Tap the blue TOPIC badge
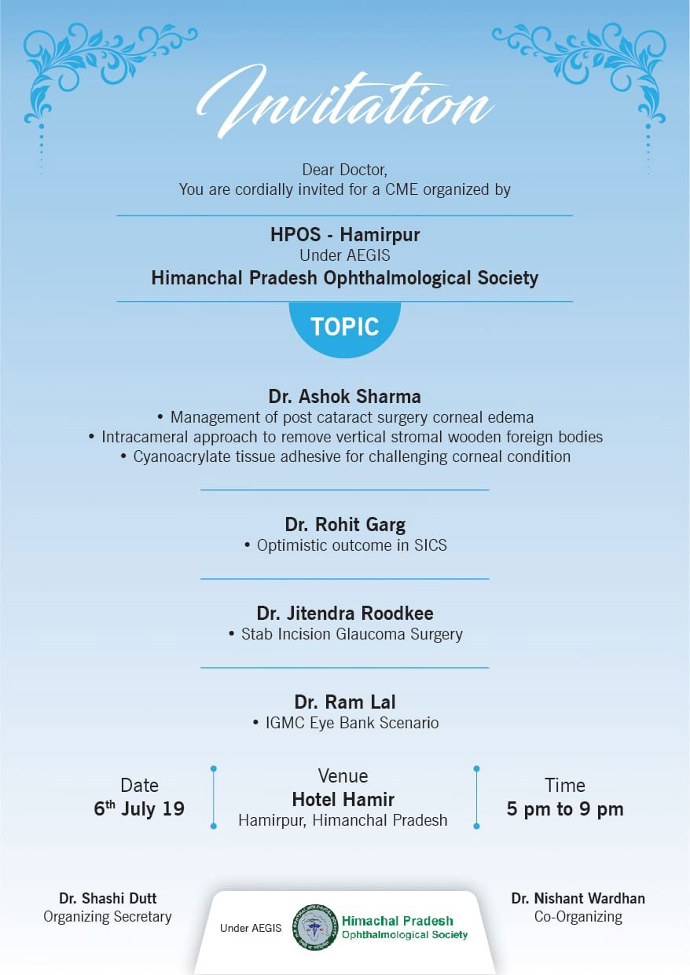[344, 327]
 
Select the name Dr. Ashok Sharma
[344, 396]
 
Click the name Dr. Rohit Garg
[344, 524]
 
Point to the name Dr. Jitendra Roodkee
[344, 613]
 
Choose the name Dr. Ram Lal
[344, 702]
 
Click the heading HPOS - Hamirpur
[344, 234]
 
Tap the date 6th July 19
[139, 809]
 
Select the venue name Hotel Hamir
[343, 799]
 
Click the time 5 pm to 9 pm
[564, 809]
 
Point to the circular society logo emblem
[314, 927]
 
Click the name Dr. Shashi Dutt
[108, 898]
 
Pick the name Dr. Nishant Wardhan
[578, 898]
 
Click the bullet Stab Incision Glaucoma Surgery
[351, 634]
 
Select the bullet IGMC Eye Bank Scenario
[351, 723]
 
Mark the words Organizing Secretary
[108, 916]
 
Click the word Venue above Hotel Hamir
[343, 776]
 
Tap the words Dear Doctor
[344, 169]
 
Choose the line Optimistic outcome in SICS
[351, 545]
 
